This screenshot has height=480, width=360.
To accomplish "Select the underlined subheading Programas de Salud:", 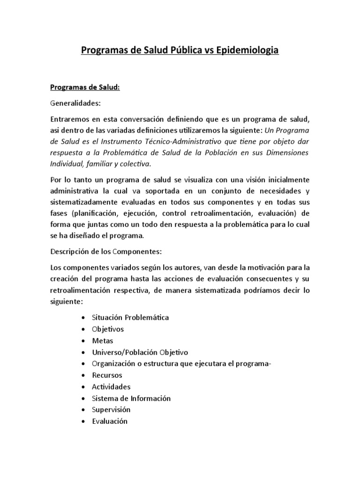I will coord(85,88).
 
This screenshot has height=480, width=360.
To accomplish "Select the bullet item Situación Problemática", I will coord(125,317).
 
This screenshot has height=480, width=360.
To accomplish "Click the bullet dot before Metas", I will coord(83,341).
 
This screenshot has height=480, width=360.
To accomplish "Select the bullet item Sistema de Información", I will coord(132,398).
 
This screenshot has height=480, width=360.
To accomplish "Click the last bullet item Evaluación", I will coord(111,421).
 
